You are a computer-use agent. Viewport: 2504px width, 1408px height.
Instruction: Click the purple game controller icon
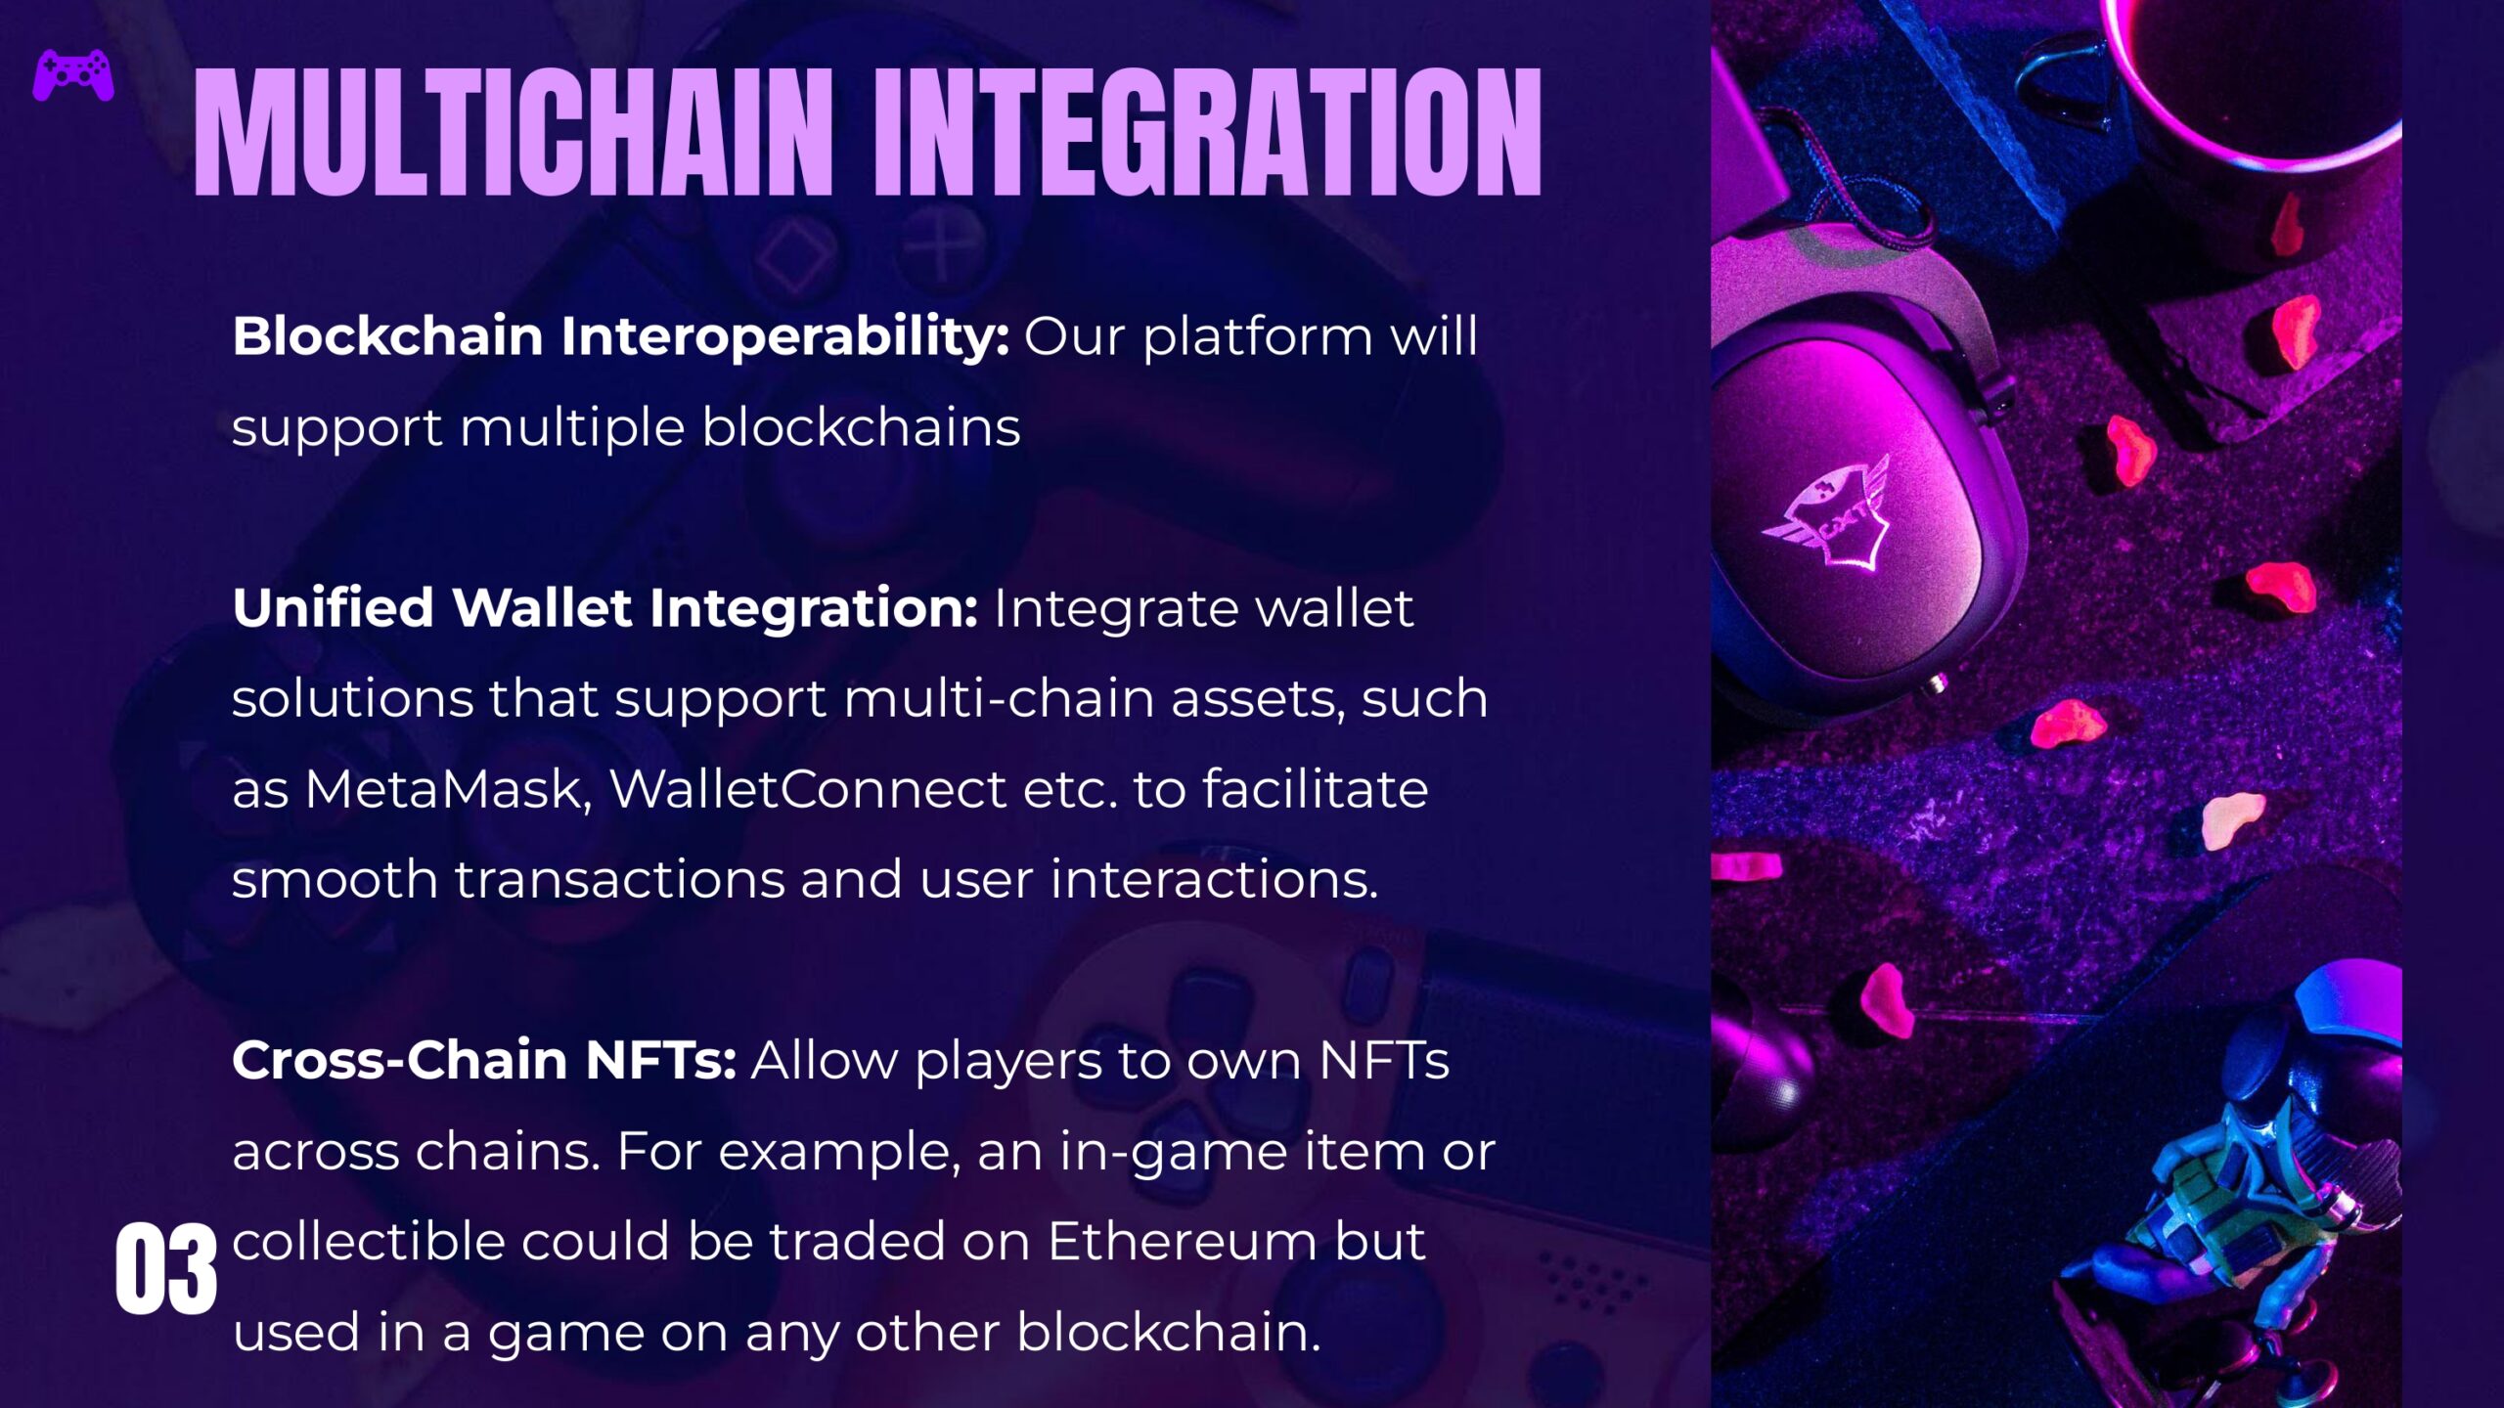click(73, 75)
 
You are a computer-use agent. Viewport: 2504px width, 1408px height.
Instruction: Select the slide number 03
click(165, 1269)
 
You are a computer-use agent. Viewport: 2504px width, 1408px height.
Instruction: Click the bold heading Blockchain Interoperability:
click(620, 336)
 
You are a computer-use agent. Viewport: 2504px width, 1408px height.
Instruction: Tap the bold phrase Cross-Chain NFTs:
click(484, 1060)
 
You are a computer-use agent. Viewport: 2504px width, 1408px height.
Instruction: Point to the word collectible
click(368, 1241)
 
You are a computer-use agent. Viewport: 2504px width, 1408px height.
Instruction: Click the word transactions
click(620, 879)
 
